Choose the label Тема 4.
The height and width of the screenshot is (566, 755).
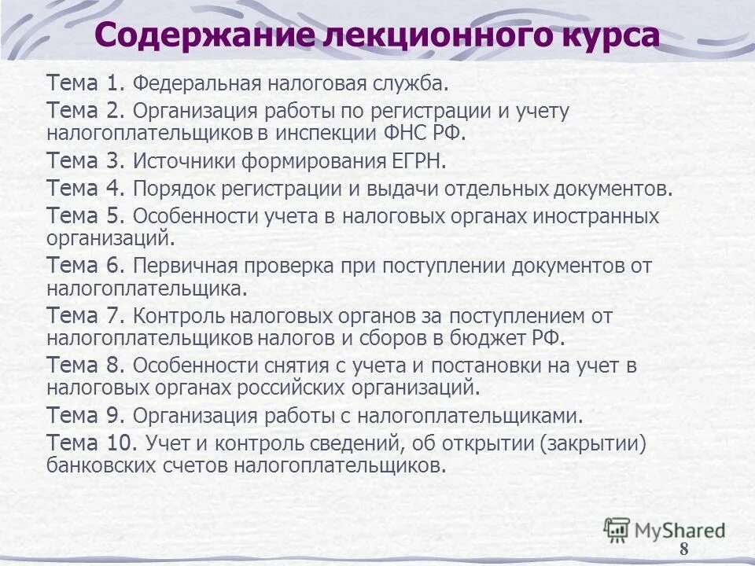pos(86,189)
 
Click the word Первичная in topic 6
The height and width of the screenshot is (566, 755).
pos(182,266)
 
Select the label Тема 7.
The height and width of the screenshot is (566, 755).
pos(86,316)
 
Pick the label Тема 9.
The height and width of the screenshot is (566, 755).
pos(86,415)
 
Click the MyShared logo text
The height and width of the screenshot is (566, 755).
pos(679,530)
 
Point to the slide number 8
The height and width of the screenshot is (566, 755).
pos(683,549)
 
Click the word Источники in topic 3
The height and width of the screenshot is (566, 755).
pos(182,162)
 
